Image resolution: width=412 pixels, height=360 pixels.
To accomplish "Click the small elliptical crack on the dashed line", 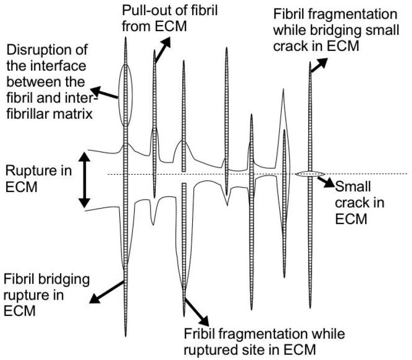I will pos(309,174).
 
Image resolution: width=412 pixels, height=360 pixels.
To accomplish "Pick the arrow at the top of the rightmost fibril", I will pos(318,65).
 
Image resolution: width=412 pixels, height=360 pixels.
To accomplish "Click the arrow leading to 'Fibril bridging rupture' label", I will pos(108,291).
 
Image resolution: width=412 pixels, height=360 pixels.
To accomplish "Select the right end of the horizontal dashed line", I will pos(408,174).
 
